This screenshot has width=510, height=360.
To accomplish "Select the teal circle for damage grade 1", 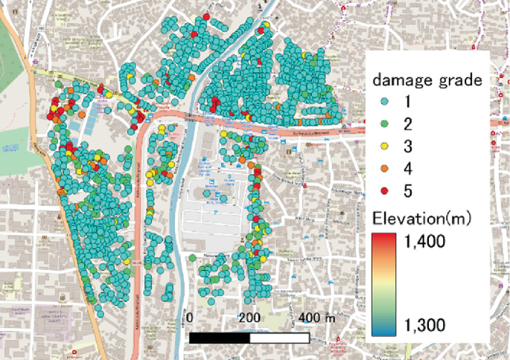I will point(384,101).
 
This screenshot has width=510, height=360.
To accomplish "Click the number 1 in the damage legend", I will point(407,101).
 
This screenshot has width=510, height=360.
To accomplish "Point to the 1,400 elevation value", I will point(426,241).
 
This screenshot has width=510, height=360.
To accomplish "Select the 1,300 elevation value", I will point(426,324).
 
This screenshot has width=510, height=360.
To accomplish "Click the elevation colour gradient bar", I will point(383,283).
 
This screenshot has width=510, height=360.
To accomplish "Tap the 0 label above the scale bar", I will point(191,318).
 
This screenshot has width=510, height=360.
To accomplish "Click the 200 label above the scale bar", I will point(251,318).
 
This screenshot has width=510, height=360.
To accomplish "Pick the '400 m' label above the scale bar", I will point(317,318).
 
